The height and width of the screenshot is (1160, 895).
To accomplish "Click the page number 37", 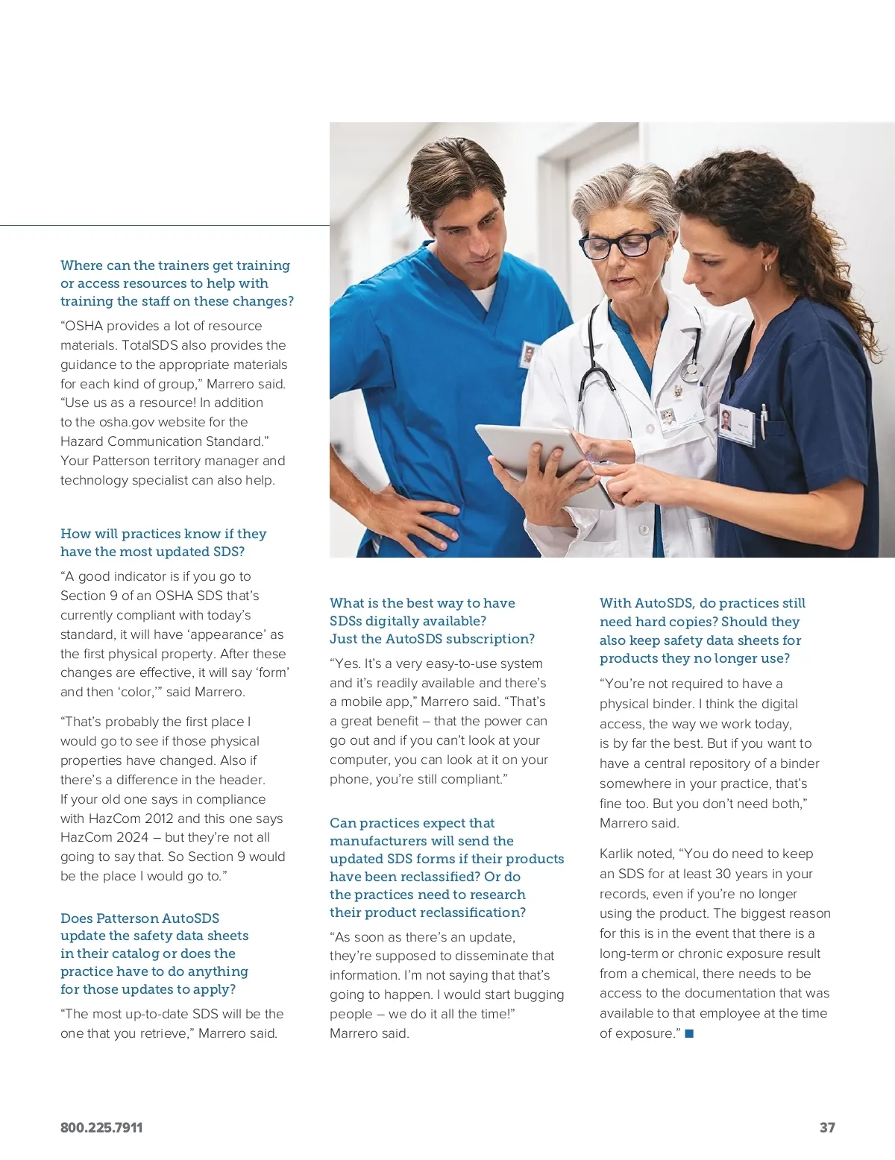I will click(827, 1127).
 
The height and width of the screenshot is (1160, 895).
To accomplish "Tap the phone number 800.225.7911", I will click(101, 1127).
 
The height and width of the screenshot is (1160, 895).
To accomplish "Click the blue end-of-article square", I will click(689, 1033).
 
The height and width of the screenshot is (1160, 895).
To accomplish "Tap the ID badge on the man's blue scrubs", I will click(529, 355).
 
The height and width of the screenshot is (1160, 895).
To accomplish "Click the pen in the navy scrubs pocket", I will click(763, 420).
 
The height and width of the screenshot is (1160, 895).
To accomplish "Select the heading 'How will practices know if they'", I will click(163, 534).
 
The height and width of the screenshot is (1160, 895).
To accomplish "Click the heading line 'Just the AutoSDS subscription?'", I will click(432, 639).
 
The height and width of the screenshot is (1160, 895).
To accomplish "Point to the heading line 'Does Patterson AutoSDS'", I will click(140, 918).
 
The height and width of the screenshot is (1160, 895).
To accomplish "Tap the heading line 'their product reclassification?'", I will click(427, 912).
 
